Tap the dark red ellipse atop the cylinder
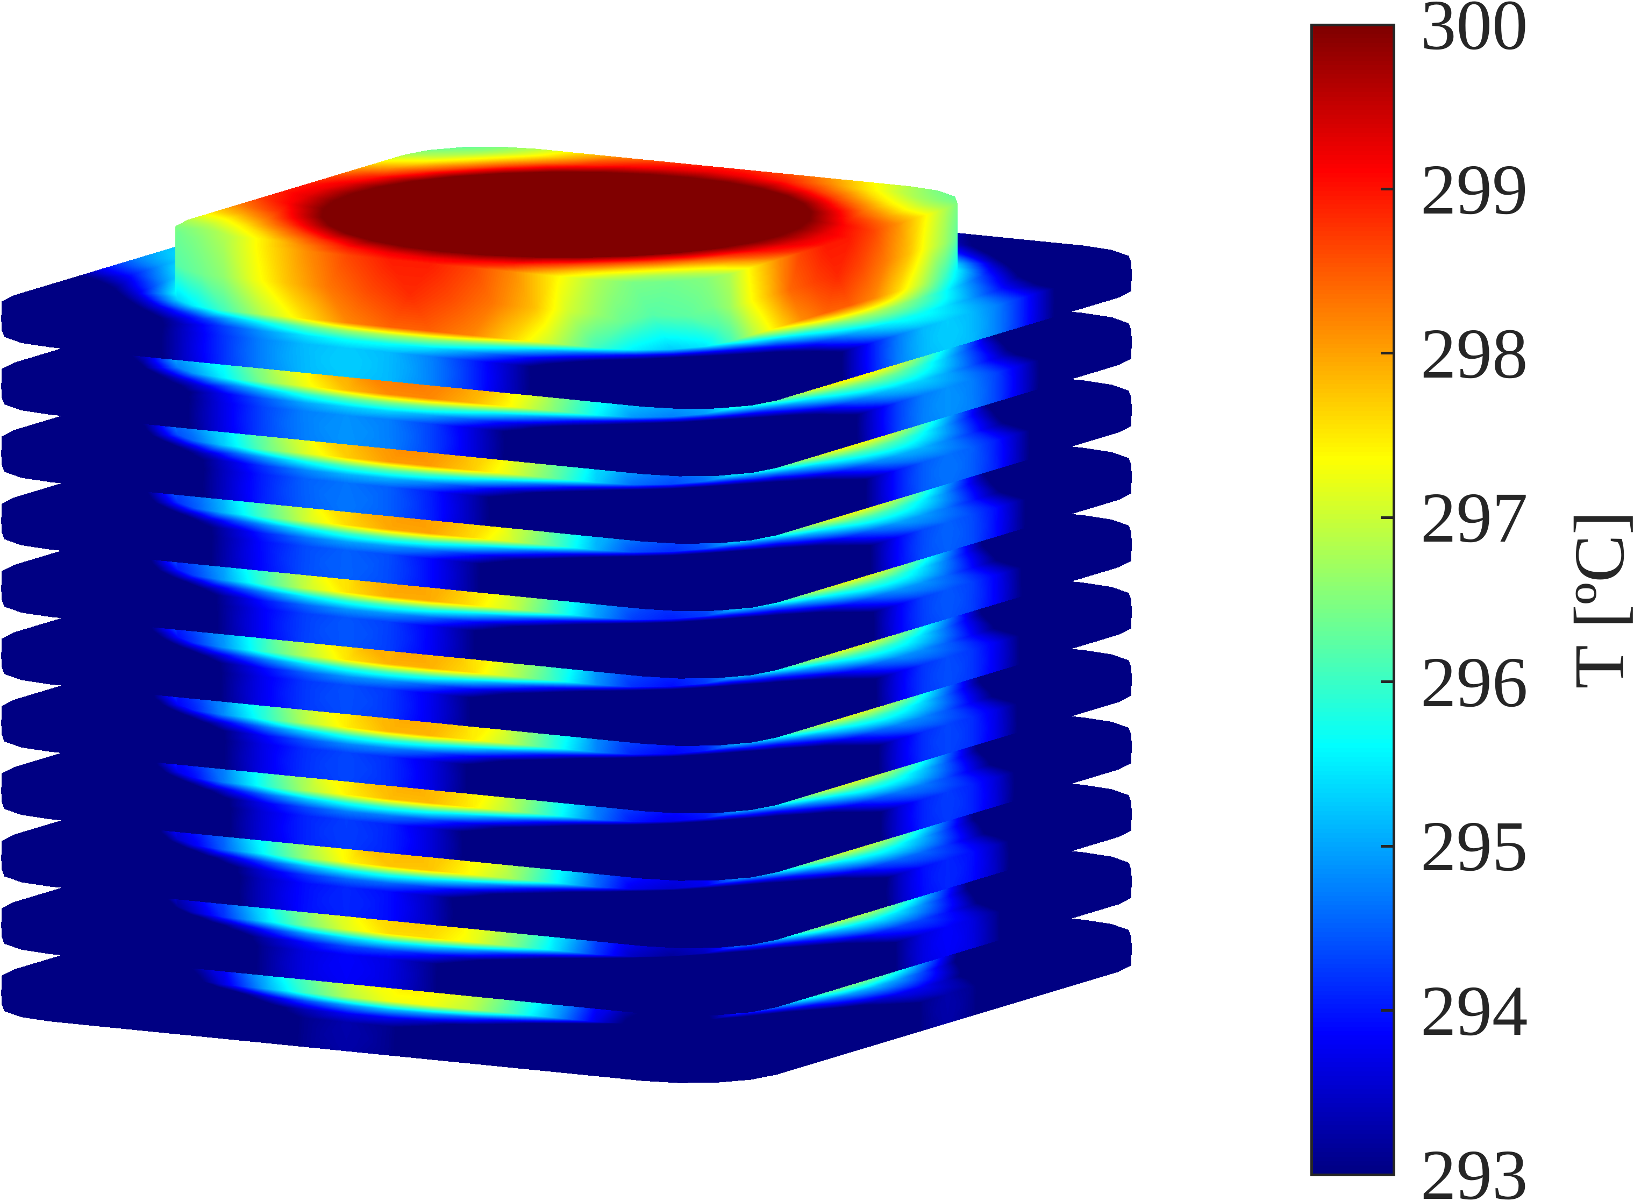point(567,215)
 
